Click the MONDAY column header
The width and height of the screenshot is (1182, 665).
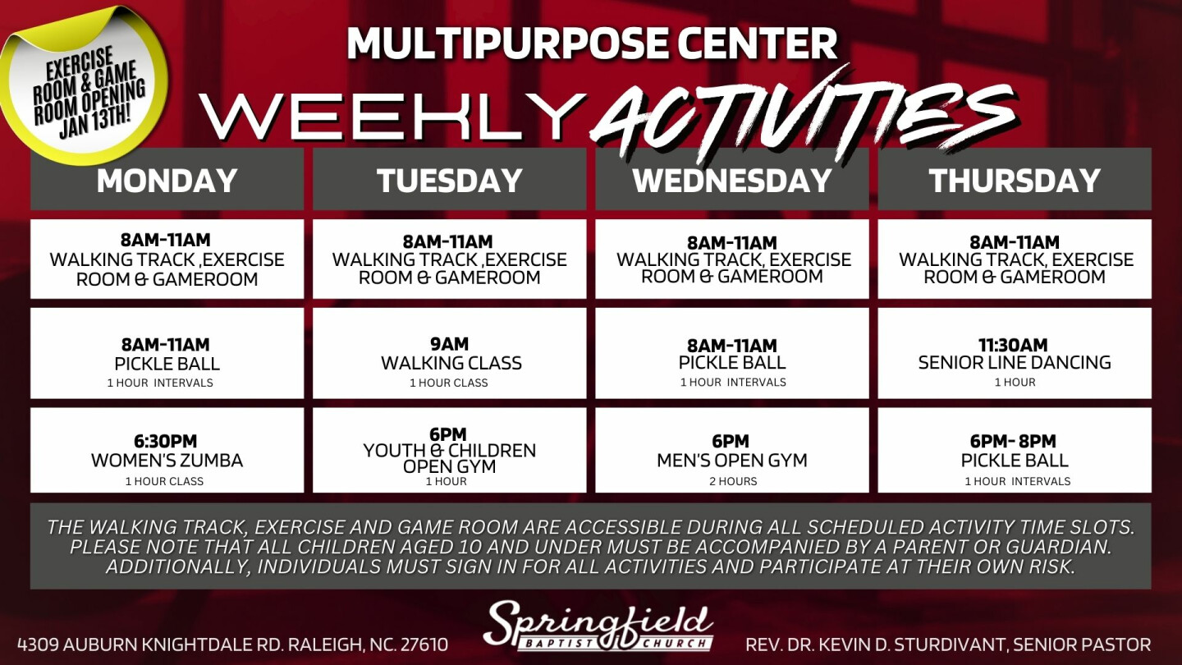click(x=167, y=180)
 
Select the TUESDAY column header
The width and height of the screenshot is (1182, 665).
click(x=449, y=180)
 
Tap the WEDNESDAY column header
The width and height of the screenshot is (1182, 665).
click(x=732, y=180)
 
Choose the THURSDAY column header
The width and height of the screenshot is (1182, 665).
click(x=1015, y=180)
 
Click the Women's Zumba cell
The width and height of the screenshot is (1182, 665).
click(x=167, y=450)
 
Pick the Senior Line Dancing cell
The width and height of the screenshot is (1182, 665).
click(x=1015, y=353)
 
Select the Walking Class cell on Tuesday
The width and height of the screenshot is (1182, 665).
click(x=449, y=353)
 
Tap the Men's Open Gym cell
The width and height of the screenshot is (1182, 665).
click(x=732, y=450)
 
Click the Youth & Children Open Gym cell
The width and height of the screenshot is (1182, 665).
click(x=449, y=450)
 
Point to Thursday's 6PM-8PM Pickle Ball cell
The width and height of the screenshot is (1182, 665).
click(x=1015, y=450)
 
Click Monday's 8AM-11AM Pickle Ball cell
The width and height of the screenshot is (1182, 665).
click(x=167, y=353)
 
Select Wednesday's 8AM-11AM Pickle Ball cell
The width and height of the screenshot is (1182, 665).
click(x=732, y=353)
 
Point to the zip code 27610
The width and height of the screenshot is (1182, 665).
click(x=424, y=644)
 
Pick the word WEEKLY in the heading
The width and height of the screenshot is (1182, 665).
click(x=394, y=117)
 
